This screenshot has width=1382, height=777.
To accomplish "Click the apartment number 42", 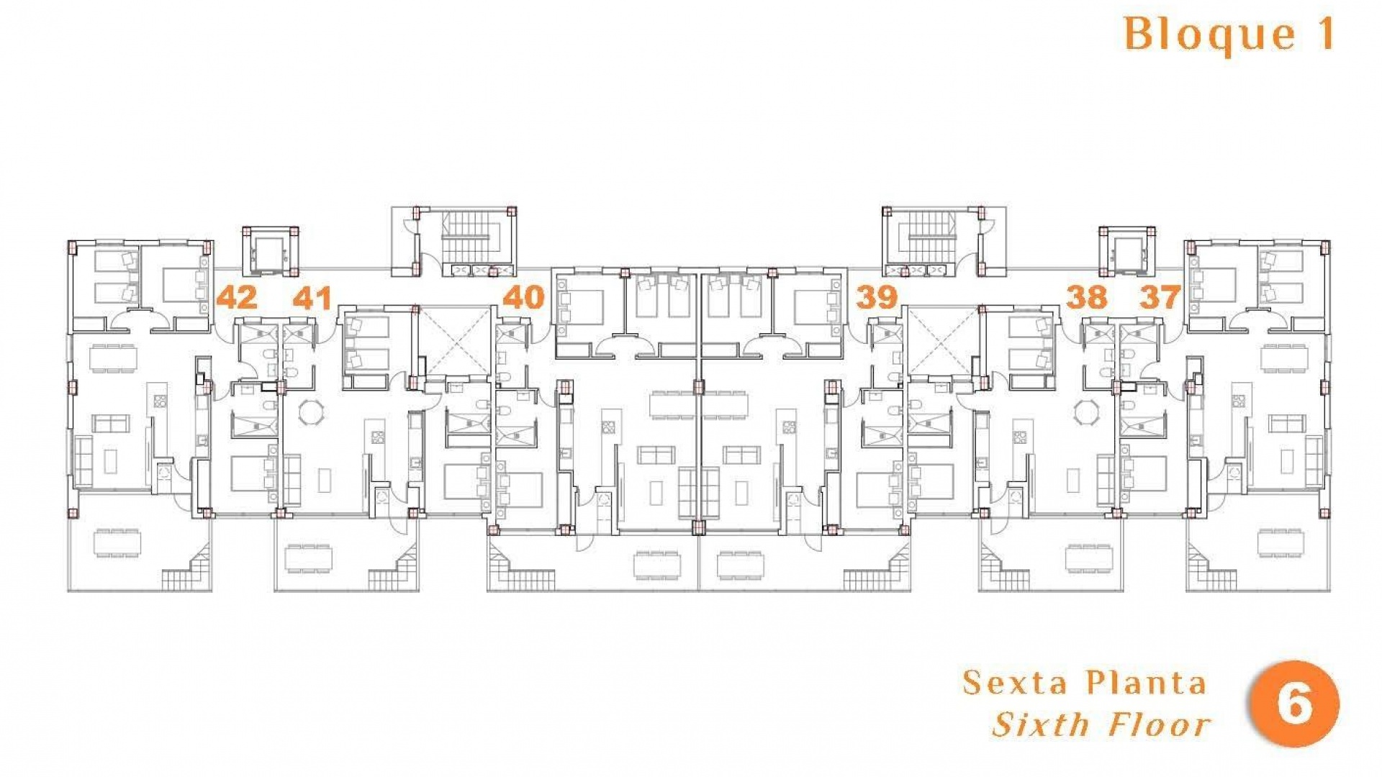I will point(237,297).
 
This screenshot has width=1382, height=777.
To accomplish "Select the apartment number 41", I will point(312,297).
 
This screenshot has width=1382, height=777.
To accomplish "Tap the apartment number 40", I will point(523,297).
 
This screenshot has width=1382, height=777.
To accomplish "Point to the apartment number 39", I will point(877,297).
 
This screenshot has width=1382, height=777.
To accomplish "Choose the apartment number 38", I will point(1086,297).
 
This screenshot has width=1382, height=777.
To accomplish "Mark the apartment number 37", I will point(1160,297).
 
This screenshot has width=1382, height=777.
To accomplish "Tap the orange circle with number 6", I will point(1295,704).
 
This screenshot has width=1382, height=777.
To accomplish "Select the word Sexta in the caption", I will point(1015,683).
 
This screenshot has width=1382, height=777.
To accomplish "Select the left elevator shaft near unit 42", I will point(271,251).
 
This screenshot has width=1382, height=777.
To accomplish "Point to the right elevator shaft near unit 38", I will point(1127,251).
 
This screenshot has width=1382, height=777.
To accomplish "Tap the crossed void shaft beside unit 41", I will point(454,342).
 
